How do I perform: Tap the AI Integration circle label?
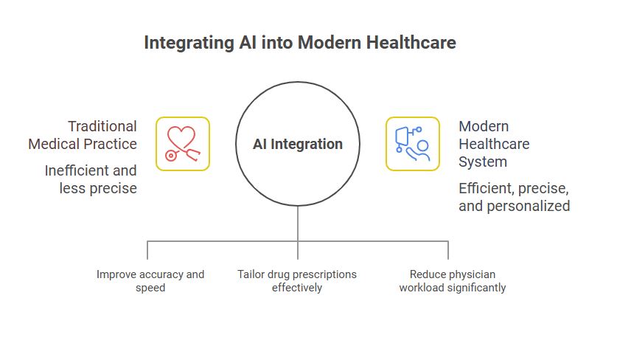point(298,144)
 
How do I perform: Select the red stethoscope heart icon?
point(183,144)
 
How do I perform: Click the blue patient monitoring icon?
point(412,144)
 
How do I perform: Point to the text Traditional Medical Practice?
point(83,134)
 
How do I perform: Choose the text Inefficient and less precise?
point(91,179)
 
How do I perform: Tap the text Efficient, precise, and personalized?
point(514,197)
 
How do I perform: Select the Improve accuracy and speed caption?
point(150,280)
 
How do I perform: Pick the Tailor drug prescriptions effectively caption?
point(297,280)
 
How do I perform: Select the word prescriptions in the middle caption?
point(322,274)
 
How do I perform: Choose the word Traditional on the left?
point(102,126)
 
